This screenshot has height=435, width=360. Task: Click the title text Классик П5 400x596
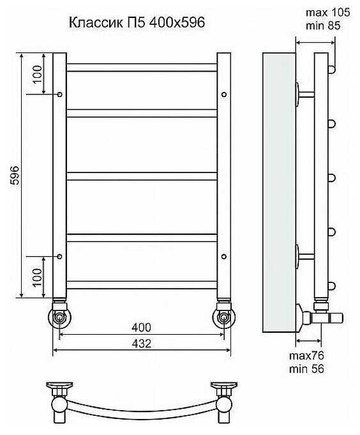(x=137, y=22)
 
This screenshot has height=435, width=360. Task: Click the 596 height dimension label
(x=15, y=175)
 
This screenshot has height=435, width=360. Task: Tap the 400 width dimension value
(x=141, y=328)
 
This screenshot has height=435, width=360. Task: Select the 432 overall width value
(x=141, y=344)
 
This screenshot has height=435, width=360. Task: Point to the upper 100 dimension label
(x=37, y=74)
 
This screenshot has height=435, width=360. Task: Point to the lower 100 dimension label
(x=37, y=277)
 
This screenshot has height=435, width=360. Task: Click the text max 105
(x=328, y=13)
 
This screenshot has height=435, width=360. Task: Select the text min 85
(x=323, y=26)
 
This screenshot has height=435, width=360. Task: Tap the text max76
(x=306, y=356)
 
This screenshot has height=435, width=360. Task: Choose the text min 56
(x=306, y=369)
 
